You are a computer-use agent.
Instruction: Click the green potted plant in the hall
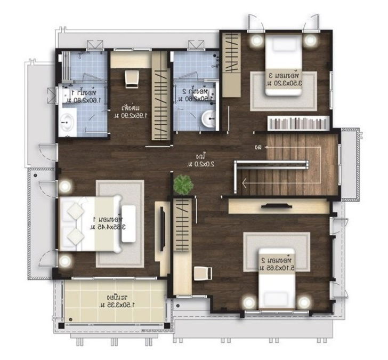click(x=183, y=185)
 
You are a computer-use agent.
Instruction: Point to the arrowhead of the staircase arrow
click(x=244, y=183)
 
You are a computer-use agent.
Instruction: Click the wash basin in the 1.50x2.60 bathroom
click(x=209, y=118)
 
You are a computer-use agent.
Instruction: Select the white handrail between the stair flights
click(x=272, y=164)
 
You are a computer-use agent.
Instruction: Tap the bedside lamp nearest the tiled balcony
click(x=65, y=261)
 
